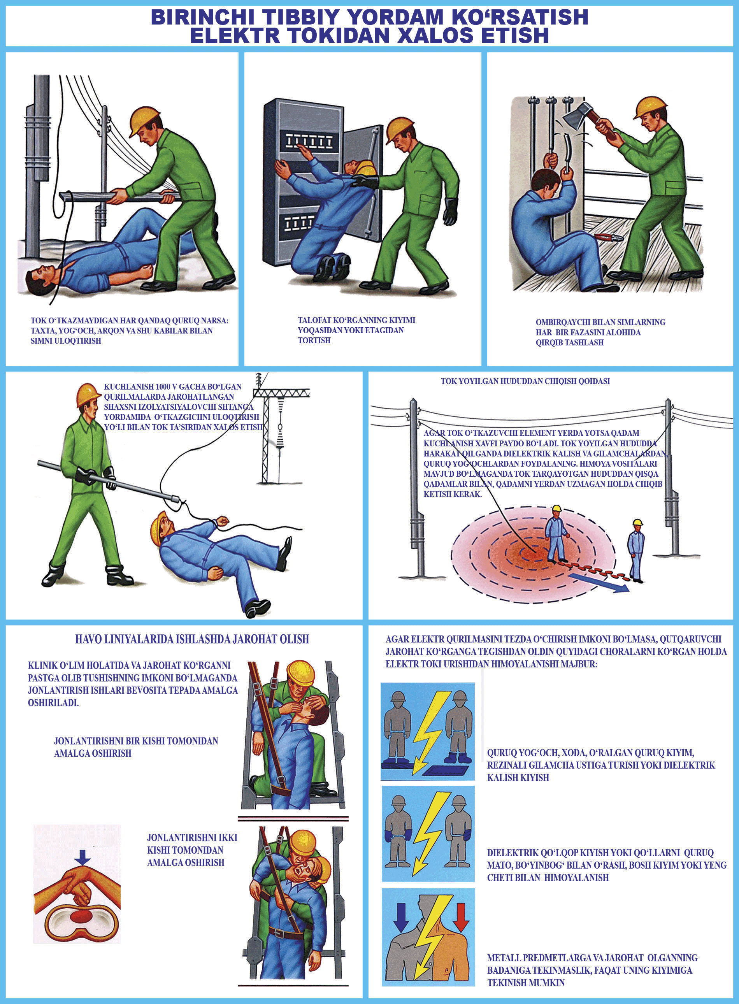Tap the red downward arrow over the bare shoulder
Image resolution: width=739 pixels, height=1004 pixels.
[461, 917]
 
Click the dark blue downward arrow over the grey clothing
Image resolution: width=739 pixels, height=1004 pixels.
[401, 917]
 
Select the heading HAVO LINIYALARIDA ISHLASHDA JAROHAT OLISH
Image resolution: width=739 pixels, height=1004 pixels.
[192, 639]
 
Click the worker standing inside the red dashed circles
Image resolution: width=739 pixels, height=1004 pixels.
[556, 534]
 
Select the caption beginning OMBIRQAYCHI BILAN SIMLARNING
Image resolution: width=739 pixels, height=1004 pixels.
[600, 332]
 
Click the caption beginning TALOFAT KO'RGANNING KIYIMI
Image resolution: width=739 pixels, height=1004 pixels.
[356, 330]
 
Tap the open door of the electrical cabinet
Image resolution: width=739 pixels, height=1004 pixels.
[363, 183]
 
